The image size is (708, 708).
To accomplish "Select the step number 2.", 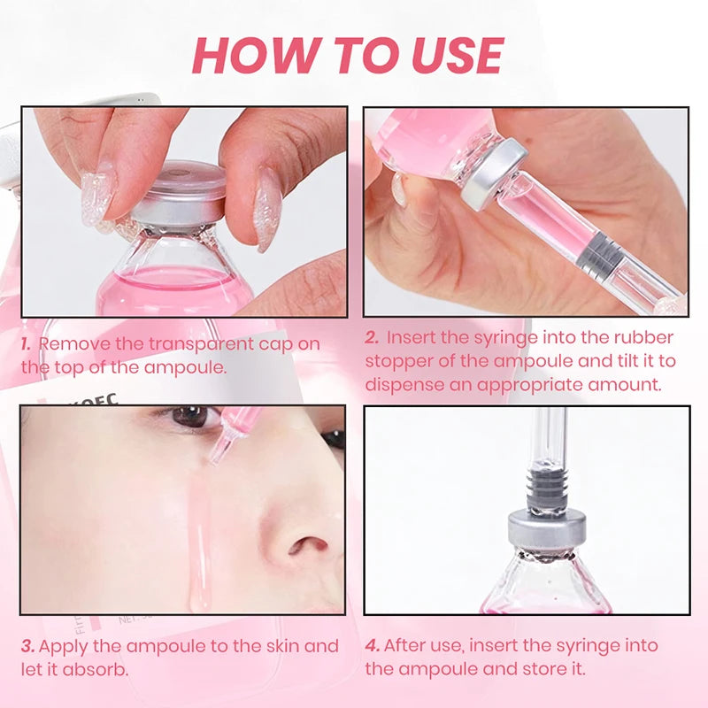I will (x=372, y=337).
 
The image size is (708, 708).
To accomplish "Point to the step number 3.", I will (x=27, y=647).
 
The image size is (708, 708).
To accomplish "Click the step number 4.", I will (x=372, y=646).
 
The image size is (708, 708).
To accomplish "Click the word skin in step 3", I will (x=274, y=646).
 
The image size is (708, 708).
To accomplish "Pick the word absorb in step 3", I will (x=102, y=669).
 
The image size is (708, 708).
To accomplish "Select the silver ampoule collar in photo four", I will (x=547, y=530).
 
